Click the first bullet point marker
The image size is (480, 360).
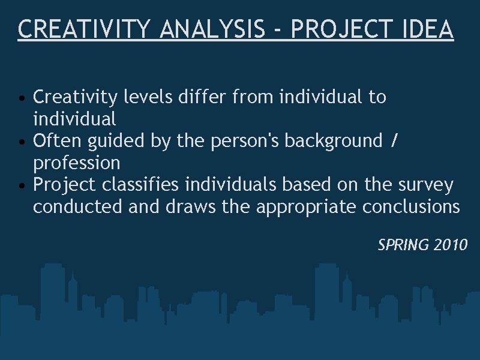[x=22, y=98]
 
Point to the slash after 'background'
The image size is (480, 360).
[x=394, y=141]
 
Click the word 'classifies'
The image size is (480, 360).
[x=142, y=185]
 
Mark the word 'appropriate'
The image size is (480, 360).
[x=307, y=208]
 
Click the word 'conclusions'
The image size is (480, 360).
[x=411, y=207]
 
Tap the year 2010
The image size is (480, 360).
[x=450, y=245]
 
